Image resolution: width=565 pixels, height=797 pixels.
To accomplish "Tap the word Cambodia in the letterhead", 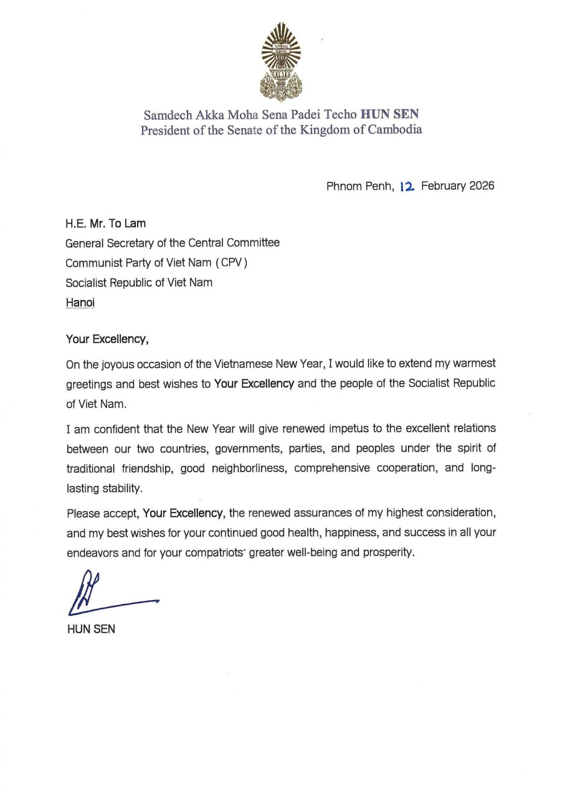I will [x=391, y=130].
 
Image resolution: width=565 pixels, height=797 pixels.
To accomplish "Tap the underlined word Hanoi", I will [x=80, y=303].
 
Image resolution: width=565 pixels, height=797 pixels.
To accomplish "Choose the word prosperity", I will [x=386, y=553].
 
